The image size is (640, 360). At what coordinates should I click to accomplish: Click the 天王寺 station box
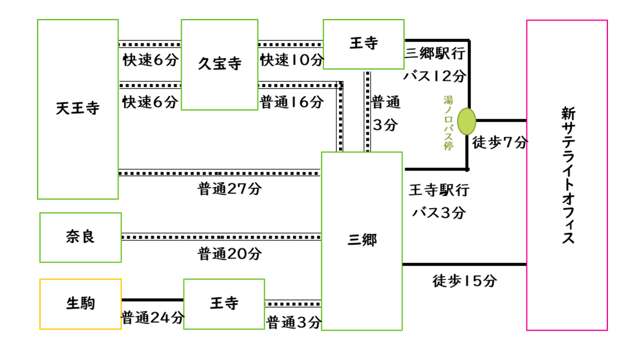tap(77, 109)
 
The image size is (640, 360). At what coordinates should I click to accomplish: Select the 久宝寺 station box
tap(219, 64)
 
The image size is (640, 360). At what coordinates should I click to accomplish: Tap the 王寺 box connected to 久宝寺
tap(363, 44)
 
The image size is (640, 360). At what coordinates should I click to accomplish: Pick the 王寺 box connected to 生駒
tap(224, 303)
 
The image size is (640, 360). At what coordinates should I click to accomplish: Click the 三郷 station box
tap(361, 240)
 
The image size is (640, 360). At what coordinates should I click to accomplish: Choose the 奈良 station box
tap(80, 237)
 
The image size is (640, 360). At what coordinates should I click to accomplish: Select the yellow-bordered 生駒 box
tap(80, 303)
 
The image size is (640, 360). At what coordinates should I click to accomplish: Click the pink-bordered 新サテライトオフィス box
tap(567, 175)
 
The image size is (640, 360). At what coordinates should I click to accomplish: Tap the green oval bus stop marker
tap(466, 121)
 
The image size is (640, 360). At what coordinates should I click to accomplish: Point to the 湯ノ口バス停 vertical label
tap(448, 123)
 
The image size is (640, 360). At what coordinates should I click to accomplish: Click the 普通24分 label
tap(153, 317)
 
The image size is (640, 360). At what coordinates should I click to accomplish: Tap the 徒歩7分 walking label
tap(500, 142)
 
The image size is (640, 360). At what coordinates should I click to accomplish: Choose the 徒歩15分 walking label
tap(464, 281)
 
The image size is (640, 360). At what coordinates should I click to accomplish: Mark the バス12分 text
tap(435, 75)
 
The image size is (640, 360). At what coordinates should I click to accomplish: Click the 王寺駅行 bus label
tap(439, 190)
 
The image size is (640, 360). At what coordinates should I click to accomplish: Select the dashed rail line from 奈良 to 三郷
tap(221, 236)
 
